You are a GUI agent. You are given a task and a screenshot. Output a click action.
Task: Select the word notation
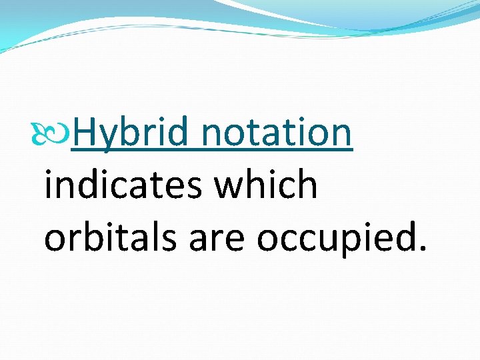(276, 132)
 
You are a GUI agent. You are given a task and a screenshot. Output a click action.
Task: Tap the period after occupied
(420, 249)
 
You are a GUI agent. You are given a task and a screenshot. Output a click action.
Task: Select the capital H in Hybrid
(84, 132)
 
